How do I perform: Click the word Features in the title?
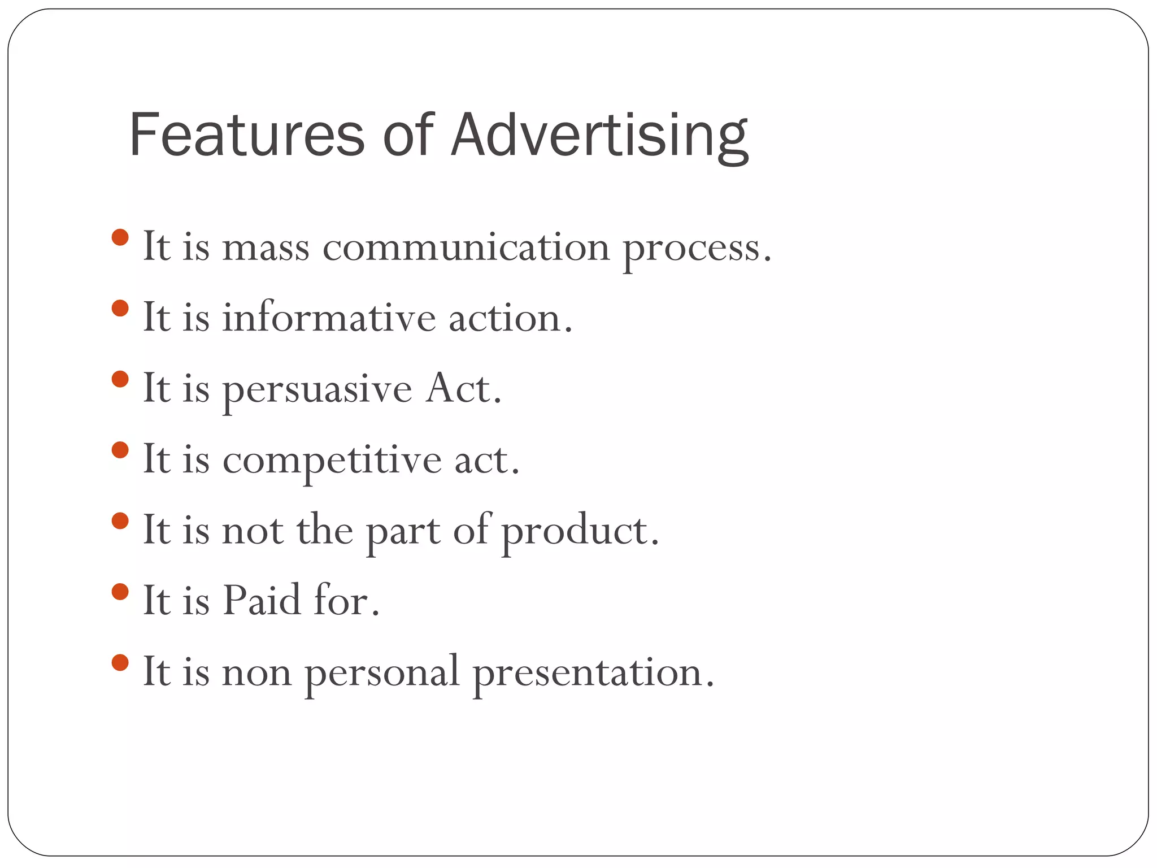click(246, 136)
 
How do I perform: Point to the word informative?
click(329, 318)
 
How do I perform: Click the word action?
click(510, 319)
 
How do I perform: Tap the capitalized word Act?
click(463, 389)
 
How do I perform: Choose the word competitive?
click(332, 461)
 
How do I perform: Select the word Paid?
click(262, 601)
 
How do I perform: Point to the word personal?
click(382, 674)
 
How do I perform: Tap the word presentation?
click(593, 674)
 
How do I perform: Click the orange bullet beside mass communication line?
click(120, 237)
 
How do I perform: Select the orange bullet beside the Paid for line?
click(120, 592)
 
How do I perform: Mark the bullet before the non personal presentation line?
click(120, 662)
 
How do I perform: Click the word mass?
click(266, 249)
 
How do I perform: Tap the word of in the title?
click(407, 136)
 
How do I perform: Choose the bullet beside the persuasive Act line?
click(120, 379)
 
